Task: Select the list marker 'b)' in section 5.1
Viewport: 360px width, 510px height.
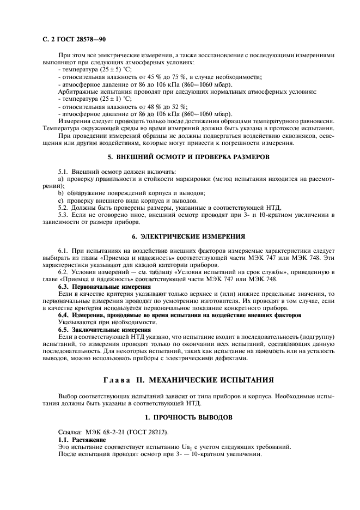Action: (x=61, y=193)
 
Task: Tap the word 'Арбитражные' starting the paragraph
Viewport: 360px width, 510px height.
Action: (x=79, y=92)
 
